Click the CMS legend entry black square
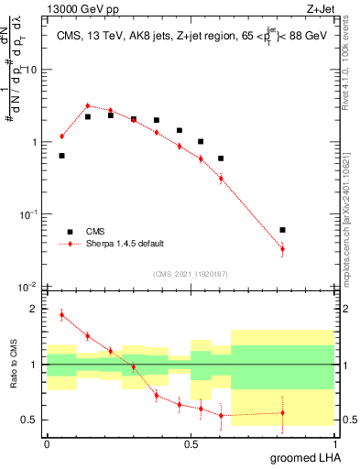(x=67, y=232)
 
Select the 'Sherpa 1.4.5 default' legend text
(x=125, y=245)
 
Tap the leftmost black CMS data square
(x=61, y=156)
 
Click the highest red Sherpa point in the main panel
(x=87, y=106)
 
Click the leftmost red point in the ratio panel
(x=61, y=315)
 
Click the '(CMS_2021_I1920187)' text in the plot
(x=190, y=274)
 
